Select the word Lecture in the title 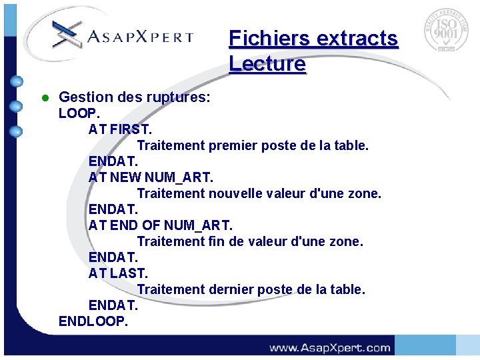(x=267, y=64)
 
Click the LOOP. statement (x=79, y=113)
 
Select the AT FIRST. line (x=120, y=129)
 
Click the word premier (x=235, y=145)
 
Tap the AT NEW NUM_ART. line (x=151, y=177)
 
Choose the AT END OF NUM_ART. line (x=161, y=225)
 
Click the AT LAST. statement (x=118, y=273)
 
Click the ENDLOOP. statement (x=93, y=321)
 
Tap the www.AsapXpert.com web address (x=330, y=347)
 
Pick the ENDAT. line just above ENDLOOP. (x=113, y=305)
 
